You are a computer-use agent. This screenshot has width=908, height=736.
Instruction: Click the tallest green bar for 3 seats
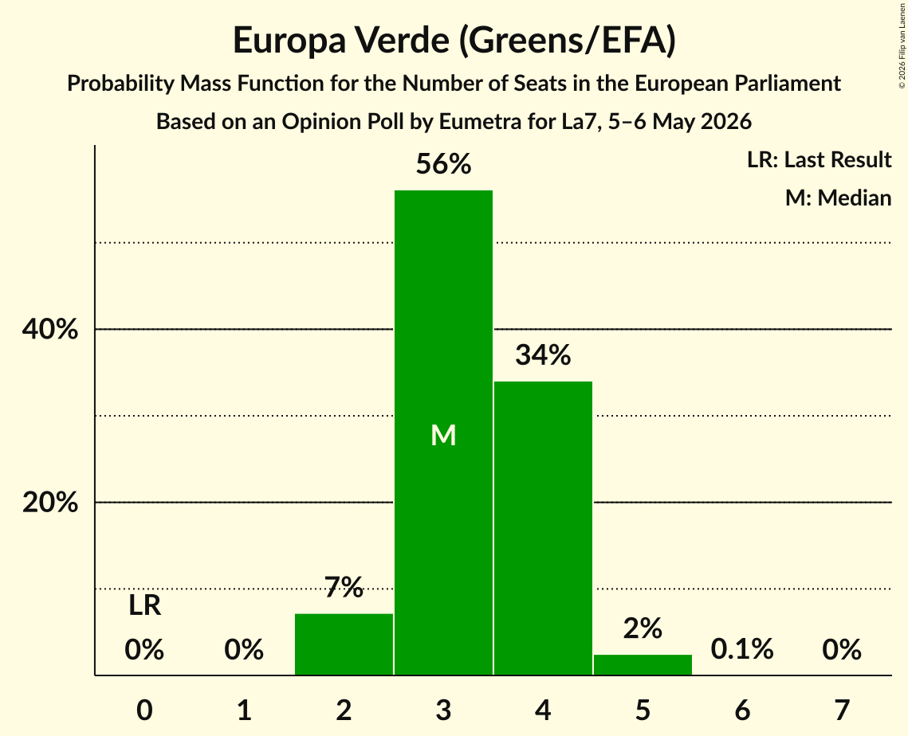point(443,433)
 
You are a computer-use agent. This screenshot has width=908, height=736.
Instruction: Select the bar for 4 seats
point(543,527)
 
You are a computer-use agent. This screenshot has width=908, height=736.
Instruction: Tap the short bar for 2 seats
point(344,644)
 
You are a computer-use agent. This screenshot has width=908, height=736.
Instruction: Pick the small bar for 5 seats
point(643,665)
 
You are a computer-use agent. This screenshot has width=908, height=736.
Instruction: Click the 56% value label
point(443,164)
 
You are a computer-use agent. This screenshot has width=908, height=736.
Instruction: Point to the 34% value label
point(543,354)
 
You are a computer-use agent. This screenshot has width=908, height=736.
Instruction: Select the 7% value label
point(344,587)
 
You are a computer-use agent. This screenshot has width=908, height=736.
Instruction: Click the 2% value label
point(643,628)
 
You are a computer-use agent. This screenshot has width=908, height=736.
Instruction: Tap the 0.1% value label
point(742,649)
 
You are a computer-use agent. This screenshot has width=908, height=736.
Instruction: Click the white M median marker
point(443,435)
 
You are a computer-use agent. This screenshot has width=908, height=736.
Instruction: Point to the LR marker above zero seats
point(145,606)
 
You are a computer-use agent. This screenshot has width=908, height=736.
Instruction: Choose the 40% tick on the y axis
point(50,329)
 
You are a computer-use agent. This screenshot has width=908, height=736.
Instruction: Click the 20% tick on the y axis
point(50,503)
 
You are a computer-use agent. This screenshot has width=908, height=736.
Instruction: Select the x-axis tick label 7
point(842,710)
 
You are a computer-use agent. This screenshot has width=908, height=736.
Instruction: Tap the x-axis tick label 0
point(145,710)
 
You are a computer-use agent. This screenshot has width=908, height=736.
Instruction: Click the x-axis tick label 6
point(742,710)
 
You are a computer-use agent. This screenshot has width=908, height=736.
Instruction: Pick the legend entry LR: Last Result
point(820,159)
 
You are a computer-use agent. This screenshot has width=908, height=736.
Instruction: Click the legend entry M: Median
point(839,198)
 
